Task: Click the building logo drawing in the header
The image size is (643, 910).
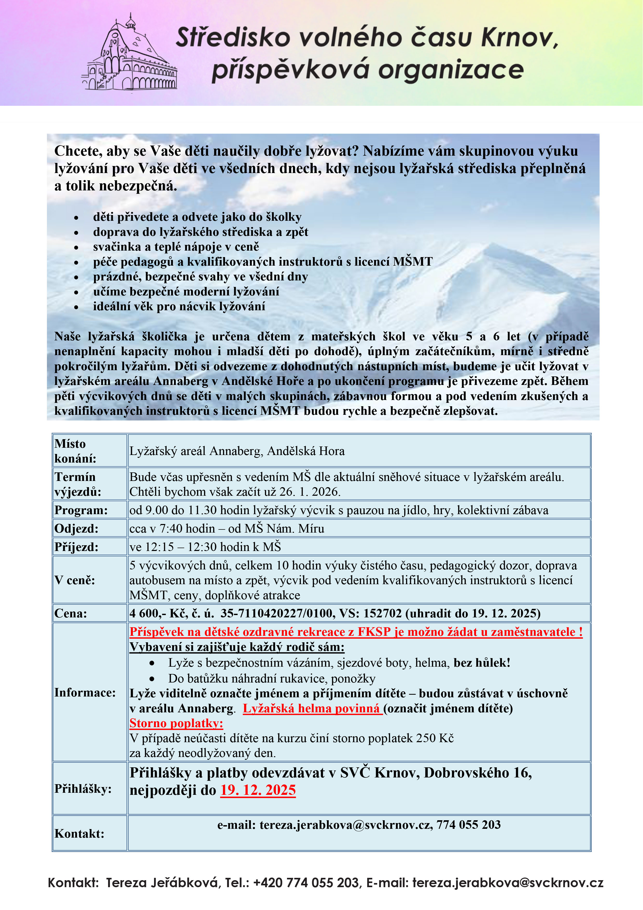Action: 129,56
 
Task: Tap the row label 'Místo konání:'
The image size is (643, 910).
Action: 75,451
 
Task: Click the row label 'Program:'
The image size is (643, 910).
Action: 81,510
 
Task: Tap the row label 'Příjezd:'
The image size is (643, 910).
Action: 76,547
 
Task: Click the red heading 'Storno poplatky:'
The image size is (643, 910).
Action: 176,723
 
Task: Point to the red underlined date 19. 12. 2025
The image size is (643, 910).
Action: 258,790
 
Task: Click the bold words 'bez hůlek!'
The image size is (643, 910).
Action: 482,663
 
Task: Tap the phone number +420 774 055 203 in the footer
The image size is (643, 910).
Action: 306,883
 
